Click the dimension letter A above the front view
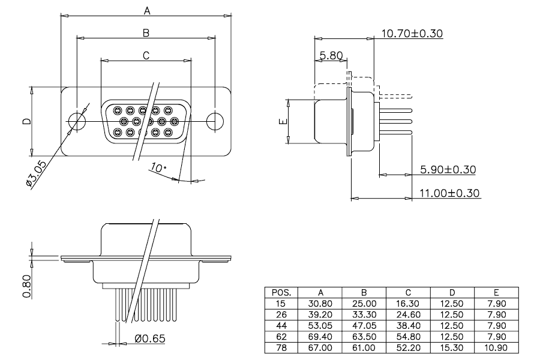pos(147,11)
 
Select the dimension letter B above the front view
pos(146,33)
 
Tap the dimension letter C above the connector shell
pos(146,55)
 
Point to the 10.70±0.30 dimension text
pos(412,34)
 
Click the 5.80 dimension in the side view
pos(331,55)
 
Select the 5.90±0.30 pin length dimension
pos(448,169)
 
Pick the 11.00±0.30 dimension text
pos(449,193)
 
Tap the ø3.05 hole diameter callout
pos(36,174)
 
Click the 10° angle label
pos(158,168)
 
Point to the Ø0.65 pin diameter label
pos(150,338)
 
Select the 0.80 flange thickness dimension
pos(27,286)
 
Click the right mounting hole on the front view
pos(215,121)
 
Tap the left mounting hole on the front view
pos(77,121)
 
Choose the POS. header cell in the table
pos(281,293)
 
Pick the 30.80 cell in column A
pos(320,304)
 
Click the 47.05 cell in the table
pos(364,326)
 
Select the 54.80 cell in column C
pos(408,337)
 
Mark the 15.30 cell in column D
pos(452,347)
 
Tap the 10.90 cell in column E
pos(496,347)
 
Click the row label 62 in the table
pos(281,337)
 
